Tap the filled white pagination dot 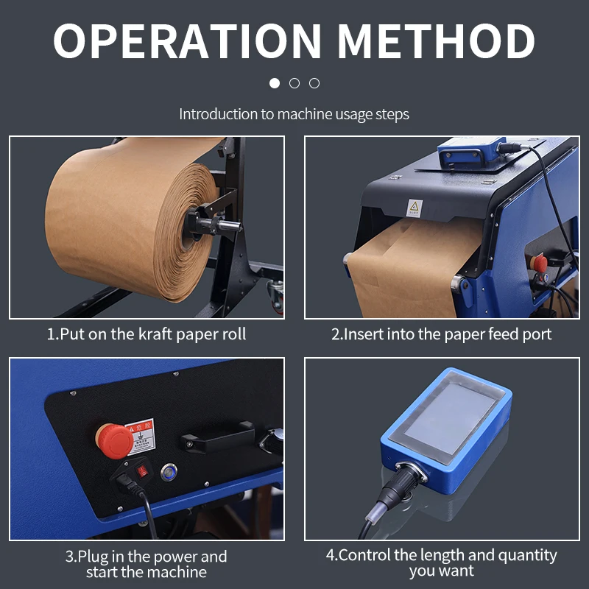275,83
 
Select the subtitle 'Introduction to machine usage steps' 294,114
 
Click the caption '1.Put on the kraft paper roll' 147,334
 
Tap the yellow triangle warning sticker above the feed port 413,208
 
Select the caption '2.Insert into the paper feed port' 441,334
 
